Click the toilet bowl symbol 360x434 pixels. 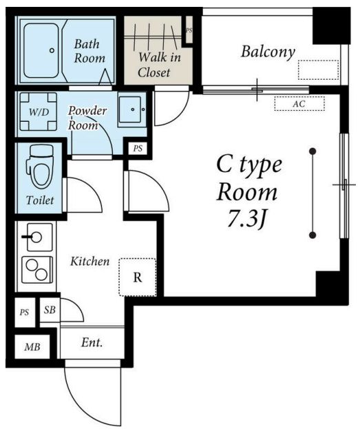coord(41,166)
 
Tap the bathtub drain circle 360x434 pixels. coord(52,50)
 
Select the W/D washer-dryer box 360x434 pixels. coord(39,111)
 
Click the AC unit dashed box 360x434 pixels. coord(299,104)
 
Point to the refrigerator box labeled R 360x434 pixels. coord(138,277)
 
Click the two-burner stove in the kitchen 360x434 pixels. coord(37,270)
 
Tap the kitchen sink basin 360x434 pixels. coord(39,237)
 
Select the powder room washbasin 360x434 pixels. coord(129,110)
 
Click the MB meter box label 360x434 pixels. coord(32,347)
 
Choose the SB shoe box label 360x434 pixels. coord(50,310)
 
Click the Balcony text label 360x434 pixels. coord(268,52)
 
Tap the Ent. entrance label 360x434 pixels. coord(92,343)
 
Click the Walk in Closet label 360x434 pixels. coord(158,65)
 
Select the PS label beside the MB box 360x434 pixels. coord(24,312)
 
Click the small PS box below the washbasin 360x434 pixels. coord(138,149)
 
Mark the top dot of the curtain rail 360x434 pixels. coord(313,151)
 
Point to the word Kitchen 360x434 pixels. coord(90,261)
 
